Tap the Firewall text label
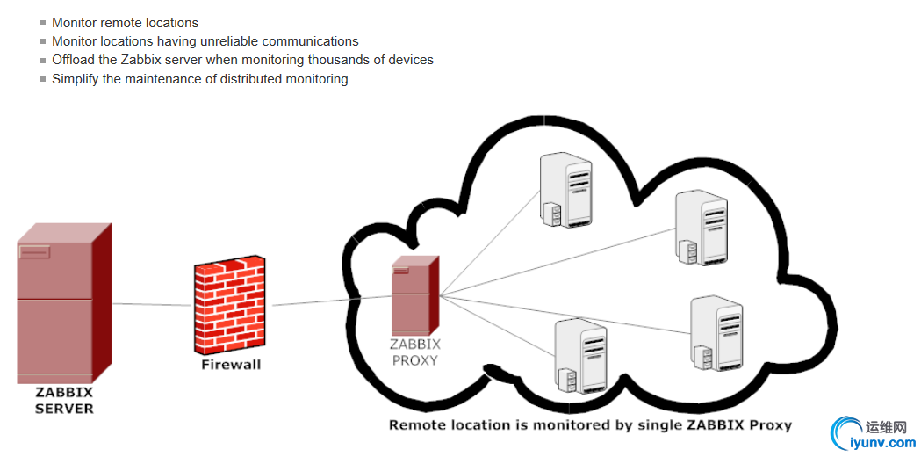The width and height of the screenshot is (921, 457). click(231, 364)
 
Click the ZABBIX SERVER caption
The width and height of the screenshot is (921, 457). click(64, 400)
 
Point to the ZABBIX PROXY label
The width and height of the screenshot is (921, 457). click(415, 352)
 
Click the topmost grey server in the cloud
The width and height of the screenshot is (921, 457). click(565, 190)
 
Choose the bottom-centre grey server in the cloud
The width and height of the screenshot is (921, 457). click(581, 355)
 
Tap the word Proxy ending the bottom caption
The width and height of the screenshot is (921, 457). click(772, 425)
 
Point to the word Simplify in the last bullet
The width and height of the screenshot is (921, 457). click(76, 79)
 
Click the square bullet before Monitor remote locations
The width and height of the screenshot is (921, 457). click(42, 23)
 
